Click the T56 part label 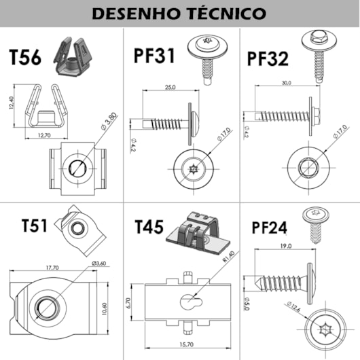coord(25,58)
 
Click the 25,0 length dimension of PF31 coord(169,87)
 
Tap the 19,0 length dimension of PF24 coord(284,246)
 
